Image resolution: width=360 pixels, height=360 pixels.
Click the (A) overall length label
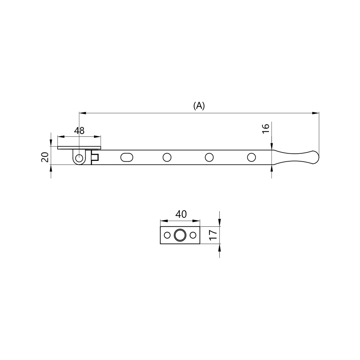pyautogui.click(x=199, y=106)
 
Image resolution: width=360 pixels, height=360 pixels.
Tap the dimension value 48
pyautogui.click(x=79, y=131)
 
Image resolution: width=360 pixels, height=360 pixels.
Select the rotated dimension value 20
pyautogui.click(x=45, y=157)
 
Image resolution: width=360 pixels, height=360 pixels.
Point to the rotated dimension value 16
pyautogui.click(x=266, y=129)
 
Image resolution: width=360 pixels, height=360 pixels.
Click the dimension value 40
pyautogui.click(x=181, y=214)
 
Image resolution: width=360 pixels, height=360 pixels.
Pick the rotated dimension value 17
pyautogui.click(x=213, y=235)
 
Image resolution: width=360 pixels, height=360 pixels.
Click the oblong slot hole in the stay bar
pyautogui.click(x=127, y=158)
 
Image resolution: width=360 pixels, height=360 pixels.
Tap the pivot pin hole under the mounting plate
pyautogui.click(x=79, y=158)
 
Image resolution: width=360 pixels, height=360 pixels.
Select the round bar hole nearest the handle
pyautogui.click(x=251, y=158)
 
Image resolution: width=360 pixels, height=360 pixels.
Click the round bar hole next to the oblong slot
pyautogui.click(x=167, y=158)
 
